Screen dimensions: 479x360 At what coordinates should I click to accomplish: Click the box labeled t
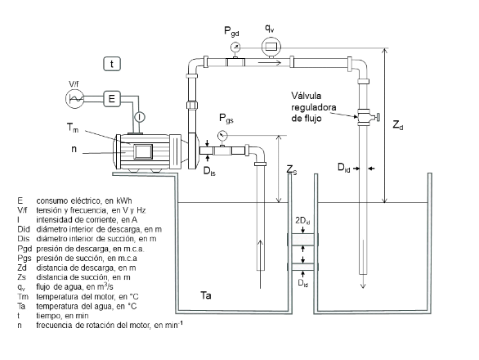coord(112,64)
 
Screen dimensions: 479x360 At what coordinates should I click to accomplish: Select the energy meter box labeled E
coord(112,98)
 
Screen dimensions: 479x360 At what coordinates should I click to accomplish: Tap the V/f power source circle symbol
coord(74,99)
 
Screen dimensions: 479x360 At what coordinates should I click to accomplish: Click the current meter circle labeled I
coord(140,117)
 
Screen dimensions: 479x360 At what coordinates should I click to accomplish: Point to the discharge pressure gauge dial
coord(235,47)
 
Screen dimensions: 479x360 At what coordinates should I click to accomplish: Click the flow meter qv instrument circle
coord(271,47)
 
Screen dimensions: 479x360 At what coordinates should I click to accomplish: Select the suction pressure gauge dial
coord(222,135)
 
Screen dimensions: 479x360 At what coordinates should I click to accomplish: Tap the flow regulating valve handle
coord(378,117)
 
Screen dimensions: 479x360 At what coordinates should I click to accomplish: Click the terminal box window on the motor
coord(143,151)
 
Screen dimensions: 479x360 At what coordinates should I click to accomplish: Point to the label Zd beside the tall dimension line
coord(398,125)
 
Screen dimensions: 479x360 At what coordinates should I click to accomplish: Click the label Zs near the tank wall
coord(292,169)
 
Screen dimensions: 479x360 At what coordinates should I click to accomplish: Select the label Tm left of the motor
coord(73,128)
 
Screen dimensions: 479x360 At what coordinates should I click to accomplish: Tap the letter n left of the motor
coord(74,149)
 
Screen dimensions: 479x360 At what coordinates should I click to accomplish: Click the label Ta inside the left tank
coord(206,295)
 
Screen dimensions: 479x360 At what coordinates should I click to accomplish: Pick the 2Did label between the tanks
coord(302,221)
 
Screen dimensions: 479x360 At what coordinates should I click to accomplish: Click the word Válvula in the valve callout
coord(306,96)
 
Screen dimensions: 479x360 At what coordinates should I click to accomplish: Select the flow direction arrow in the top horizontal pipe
coord(270,63)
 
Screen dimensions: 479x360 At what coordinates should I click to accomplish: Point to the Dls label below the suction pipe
coord(209,171)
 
